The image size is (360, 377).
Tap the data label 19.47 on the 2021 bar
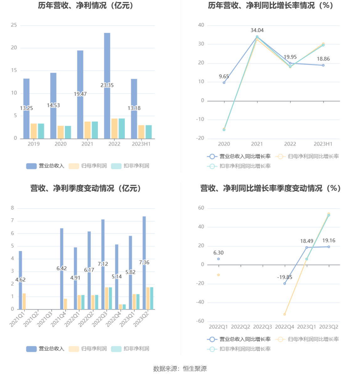[80, 94]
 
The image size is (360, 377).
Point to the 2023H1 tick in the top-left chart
[141, 144]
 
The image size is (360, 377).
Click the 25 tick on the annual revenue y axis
[14, 25]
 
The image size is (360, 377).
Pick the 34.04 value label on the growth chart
[257, 30]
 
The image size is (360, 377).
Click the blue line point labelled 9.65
[224, 83]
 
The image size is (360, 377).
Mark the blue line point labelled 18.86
[323, 65]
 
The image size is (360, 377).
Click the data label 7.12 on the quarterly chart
[103, 264]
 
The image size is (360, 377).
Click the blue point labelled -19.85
[285, 284]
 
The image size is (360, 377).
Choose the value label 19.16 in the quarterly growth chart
[329, 241]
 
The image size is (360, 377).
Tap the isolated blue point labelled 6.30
[219, 259]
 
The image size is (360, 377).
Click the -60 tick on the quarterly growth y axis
[200, 321]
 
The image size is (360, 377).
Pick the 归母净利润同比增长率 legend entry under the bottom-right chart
[307, 339]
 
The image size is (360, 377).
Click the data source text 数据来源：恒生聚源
[180, 369]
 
